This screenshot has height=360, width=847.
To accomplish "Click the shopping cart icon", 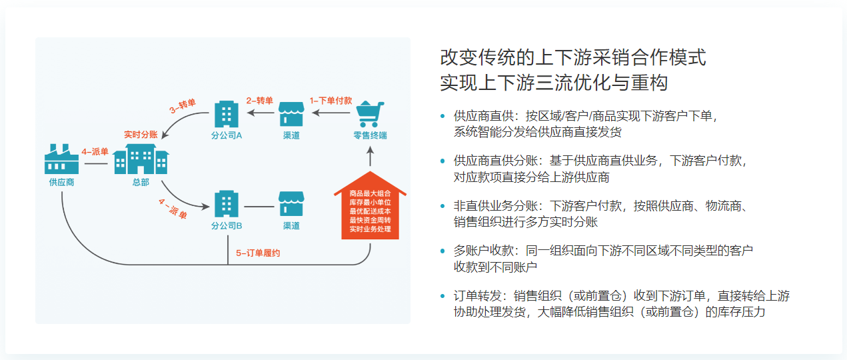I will point(371,113).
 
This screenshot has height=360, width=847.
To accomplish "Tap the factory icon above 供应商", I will point(61,159).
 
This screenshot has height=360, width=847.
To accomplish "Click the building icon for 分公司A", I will point(226,114).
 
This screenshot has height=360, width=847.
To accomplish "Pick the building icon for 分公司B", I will point(226,203).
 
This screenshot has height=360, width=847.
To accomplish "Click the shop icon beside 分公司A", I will point(291,114).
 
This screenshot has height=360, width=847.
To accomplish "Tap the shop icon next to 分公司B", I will point(291,203).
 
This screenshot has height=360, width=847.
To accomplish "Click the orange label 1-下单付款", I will point(331,100).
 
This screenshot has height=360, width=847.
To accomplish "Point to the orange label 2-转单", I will point(260,101).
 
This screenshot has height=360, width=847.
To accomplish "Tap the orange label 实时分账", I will point(141,134).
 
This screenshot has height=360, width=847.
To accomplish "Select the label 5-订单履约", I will point(258,253).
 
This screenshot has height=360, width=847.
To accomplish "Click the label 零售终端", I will point(371,135).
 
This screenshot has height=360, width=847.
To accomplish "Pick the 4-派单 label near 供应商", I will point(95,152).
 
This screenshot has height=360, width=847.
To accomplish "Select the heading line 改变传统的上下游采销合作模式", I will point(573,57).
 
